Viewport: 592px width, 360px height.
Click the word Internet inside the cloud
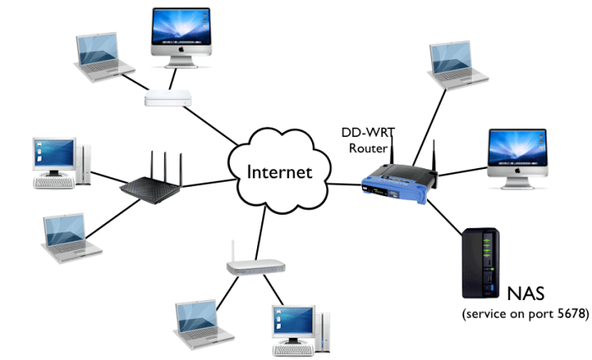tap(279, 172)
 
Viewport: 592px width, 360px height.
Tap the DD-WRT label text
tap(368, 133)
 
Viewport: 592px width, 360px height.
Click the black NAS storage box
tap(480, 263)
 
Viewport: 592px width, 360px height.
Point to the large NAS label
tap(525, 293)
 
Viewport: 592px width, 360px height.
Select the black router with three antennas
tap(151, 181)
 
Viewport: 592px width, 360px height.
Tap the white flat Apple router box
tap(168, 98)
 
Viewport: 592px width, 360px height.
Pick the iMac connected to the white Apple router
tap(181, 37)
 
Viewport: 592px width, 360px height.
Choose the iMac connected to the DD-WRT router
tap(518, 159)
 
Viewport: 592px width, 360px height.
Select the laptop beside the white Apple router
tap(104, 57)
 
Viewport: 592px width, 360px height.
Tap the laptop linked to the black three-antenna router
tap(71, 237)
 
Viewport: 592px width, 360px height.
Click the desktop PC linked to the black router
tap(62, 163)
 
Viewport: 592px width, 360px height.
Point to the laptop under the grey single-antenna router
tap(203, 325)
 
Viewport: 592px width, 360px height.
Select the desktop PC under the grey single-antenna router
tap(301, 330)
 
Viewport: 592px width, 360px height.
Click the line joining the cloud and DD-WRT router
tap(344, 184)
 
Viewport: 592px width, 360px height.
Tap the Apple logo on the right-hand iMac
tap(518, 171)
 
